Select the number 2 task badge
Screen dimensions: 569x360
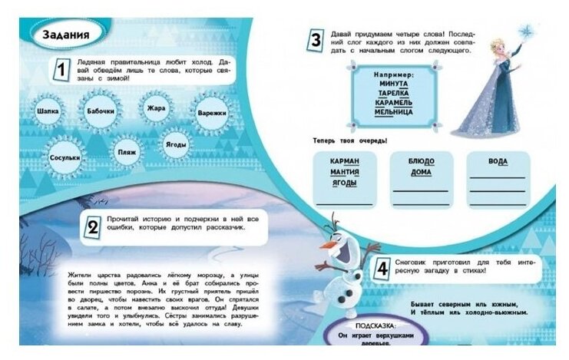click(93, 226)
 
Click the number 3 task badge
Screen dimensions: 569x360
click(315, 41)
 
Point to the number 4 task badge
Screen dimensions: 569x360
click(382, 269)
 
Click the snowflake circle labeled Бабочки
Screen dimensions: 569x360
click(101, 111)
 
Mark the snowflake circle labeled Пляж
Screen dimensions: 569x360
click(127, 152)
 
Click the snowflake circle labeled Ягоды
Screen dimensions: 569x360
click(177, 144)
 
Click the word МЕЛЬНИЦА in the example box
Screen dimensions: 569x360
click(393, 112)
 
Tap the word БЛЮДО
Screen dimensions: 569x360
click(421, 162)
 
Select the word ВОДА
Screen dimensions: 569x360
click(498, 162)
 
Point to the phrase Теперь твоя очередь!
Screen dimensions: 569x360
click(349, 140)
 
